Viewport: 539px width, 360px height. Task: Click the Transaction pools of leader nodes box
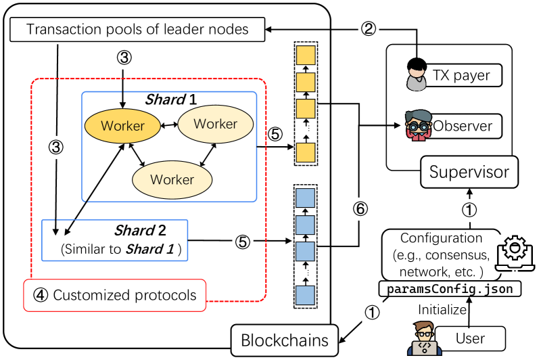(x=137, y=29)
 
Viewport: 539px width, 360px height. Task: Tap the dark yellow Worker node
(x=122, y=126)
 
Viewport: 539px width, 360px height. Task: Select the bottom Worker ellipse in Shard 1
(x=171, y=179)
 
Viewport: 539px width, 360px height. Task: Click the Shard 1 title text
(x=170, y=99)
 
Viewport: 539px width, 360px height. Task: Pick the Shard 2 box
(x=114, y=240)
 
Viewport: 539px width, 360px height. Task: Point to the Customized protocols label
(x=115, y=295)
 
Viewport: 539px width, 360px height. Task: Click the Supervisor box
(x=469, y=172)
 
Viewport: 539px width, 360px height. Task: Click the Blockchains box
(x=285, y=340)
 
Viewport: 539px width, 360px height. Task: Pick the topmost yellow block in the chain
(x=306, y=55)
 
